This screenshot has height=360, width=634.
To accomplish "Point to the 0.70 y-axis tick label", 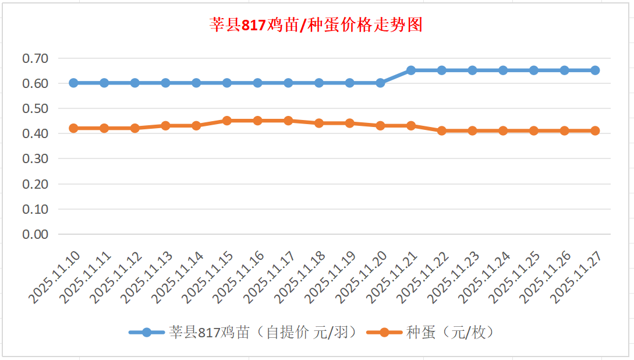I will (35, 58).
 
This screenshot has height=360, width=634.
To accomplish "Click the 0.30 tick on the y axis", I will (35, 158).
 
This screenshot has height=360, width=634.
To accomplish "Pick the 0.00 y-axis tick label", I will (35, 234).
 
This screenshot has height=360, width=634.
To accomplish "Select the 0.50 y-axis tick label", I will (35, 108).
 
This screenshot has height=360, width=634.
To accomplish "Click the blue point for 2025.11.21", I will (411, 70).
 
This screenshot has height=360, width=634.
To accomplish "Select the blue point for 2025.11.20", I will (380, 83).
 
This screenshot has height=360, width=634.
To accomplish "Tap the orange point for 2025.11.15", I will (227, 121).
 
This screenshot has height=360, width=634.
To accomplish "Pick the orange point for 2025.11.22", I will (442, 130).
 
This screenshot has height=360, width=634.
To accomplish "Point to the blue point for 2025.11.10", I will (73, 83).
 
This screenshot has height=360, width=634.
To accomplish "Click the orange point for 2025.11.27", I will (595, 130).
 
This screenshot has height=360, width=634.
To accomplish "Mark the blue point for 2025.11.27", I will (595, 70).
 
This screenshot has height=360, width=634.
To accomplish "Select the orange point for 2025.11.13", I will (165, 125).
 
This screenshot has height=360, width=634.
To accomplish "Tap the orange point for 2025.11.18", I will (319, 123).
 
